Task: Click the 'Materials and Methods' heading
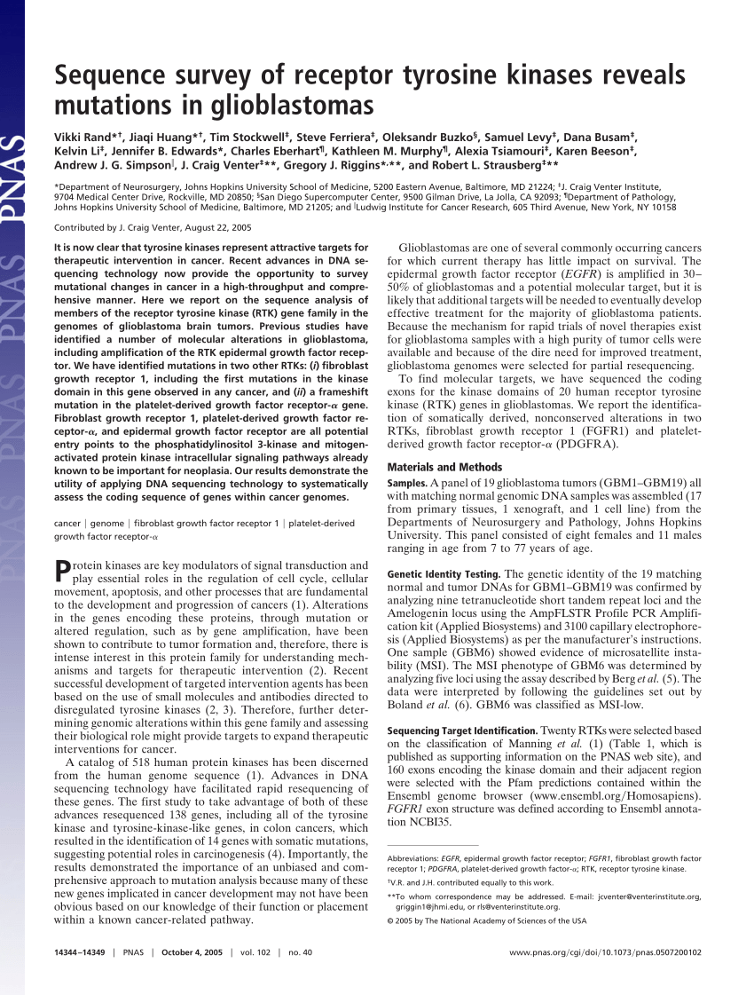pos(444,467)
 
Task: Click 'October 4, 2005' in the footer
pos(188,952)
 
